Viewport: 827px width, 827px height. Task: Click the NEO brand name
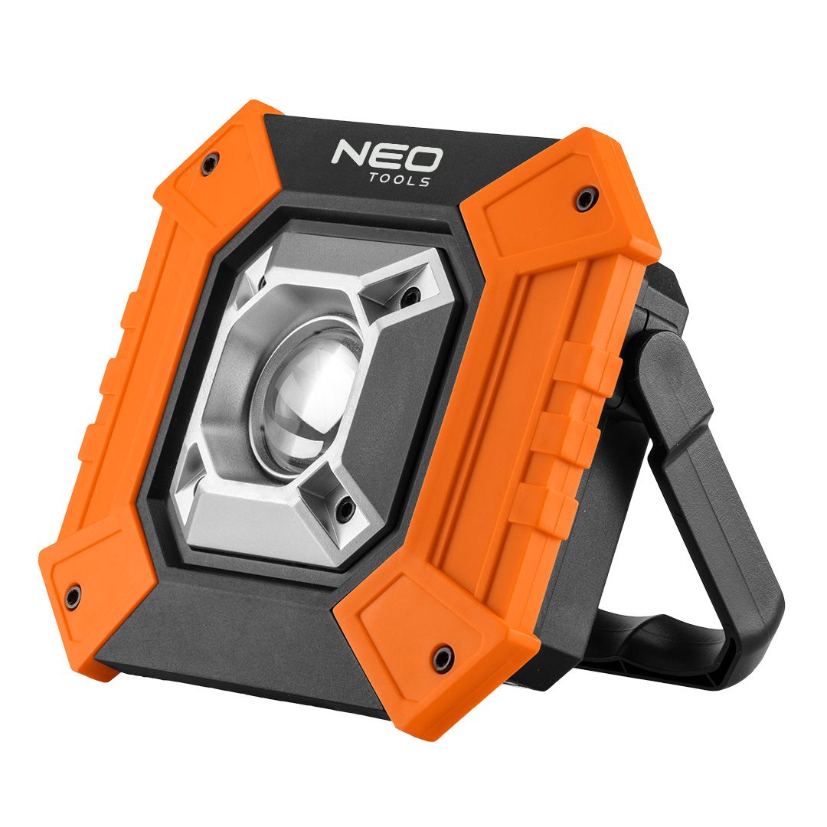(387, 157)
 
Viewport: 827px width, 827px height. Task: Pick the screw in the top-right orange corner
(584, 201)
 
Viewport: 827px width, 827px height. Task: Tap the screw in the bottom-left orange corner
(74, 594)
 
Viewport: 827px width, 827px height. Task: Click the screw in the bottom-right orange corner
(440, 658)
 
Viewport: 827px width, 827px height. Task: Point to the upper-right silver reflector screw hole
(412, 293)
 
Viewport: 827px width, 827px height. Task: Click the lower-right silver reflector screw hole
(345, 506)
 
